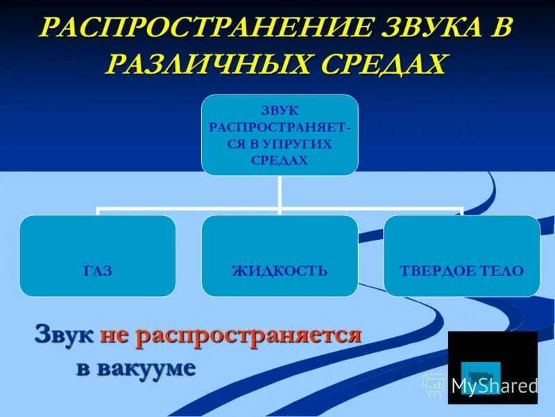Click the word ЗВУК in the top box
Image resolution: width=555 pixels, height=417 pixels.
click(280, 111)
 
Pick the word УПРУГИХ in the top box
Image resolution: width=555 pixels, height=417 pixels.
click(300, 143)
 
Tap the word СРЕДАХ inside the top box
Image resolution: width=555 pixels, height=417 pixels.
click(280, 160)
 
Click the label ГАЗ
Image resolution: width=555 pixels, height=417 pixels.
click(98, 270)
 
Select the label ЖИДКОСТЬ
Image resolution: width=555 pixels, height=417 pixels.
click(280, 270)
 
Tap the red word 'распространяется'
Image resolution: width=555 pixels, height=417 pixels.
click(250, 335)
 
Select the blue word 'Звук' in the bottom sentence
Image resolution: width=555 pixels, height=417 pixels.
click(64, 335)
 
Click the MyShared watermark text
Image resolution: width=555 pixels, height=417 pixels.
click(494, 386)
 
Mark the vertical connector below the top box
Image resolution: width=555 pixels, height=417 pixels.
click(280, 191)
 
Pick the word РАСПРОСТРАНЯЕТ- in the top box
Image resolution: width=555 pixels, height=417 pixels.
click(280, 127)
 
